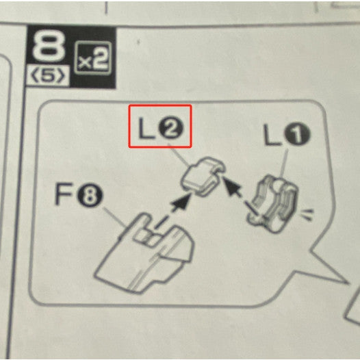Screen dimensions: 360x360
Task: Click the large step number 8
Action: point(49,47)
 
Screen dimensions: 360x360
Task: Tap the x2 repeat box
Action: point(93,58)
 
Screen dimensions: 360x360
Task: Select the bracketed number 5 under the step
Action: point(48,76)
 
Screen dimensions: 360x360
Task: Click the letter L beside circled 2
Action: point(146,128)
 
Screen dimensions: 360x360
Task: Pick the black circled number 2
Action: point(171,129)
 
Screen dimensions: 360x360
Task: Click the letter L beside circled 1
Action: point(272,135)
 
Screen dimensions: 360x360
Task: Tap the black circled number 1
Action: point(297,135)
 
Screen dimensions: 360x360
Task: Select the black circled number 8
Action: point(90,196)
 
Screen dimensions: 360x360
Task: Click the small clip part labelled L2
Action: point(202,176)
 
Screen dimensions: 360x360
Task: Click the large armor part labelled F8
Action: point(144,254)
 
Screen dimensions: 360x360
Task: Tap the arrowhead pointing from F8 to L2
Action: point(182,202)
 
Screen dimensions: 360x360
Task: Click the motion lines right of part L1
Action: point(307,215)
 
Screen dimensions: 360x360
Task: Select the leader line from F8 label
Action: point(115,218)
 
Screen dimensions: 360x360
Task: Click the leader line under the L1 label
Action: point(285,164)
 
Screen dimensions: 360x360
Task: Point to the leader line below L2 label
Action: point(179,155)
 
